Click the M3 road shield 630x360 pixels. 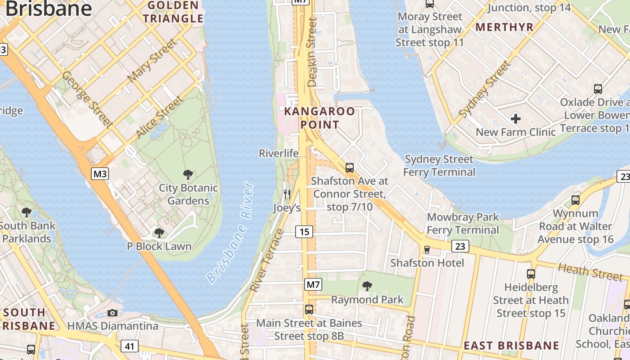(x=100, y=173)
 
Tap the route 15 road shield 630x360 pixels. (x=304, y=232)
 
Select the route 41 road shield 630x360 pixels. (x=130, y=346)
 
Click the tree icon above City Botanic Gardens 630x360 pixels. (x=188, y=175)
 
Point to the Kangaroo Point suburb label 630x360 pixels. (x=319, y=118)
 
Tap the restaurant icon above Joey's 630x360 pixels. (x=287, y=194)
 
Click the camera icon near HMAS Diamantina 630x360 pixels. (x=112, y=313)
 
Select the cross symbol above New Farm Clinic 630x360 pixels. (x=516, y=119)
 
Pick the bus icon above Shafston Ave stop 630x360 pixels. (x=350, y=168)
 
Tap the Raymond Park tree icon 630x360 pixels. (x=367, y=286)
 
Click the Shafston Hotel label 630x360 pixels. (x=427, y=263)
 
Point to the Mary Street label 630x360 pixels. (x=152, y=61)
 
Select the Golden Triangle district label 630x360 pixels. (x=173, y=12)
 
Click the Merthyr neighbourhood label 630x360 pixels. (x=504, y=27)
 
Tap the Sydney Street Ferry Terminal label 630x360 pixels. (x=439, y=166)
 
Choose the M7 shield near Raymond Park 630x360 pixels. (x=313, y=284)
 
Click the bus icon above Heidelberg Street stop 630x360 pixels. (x=531, y=274)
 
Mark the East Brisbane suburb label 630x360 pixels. (x=511, y=346)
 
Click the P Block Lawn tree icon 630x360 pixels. (x=159, y=233)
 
